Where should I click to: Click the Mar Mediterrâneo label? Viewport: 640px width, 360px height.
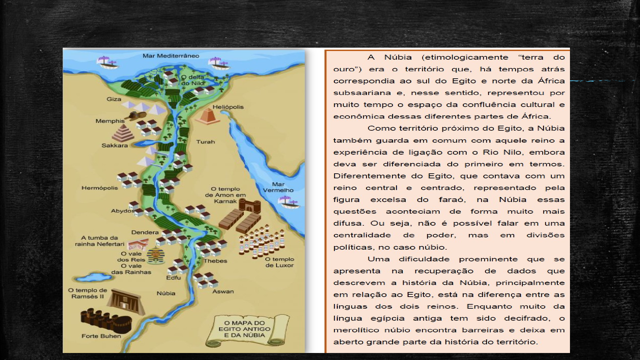[x=171, y=56]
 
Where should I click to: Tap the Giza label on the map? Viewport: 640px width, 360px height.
[x=114, y=99]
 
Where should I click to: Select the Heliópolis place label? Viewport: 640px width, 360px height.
[x=228, y=107]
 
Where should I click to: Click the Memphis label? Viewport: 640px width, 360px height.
[x=110, y=121]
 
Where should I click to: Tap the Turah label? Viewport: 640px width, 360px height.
[x=205, y=142]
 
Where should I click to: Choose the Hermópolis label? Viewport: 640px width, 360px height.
[x=99, y=188]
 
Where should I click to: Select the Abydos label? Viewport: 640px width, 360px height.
[x=123, y=211]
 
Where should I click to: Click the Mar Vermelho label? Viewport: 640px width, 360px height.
[x=278, y=187]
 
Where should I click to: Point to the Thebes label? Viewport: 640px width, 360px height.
[x=215, y=261]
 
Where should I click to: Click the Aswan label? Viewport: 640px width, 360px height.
[x=223, y=292]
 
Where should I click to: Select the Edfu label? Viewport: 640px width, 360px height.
[x=173, y=278]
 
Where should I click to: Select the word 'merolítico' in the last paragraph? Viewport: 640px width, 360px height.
[x=355, y=330]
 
